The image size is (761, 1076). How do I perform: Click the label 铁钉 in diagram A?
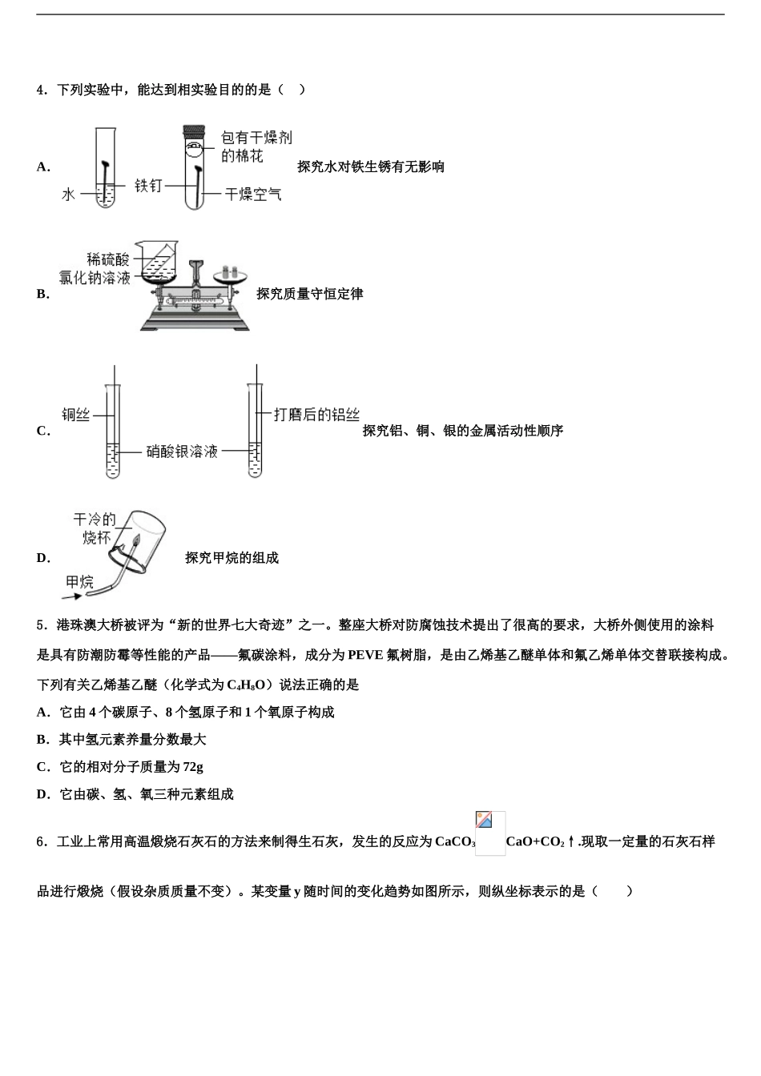pyautogui.click(x=148, y=186)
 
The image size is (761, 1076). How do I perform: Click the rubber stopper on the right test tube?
pyautogui.click(x=192, y=133)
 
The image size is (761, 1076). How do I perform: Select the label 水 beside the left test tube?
pyautogui.click(x=68, y=194)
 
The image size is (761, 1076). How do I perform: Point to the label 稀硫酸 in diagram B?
pyautogui.click(x=108, y=259)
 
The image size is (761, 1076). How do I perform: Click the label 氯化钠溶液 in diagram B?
pyautogui.click(x=95, y=278)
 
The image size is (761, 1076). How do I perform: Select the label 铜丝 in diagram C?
pyautogui.click(x=76, y=415)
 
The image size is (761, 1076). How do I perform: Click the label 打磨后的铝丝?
pyautogui.click(x=316, y=415)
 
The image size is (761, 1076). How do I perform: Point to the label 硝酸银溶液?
pyautogui.click(x=182, y=452)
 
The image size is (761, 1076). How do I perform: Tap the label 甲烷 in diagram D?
pyautogui.click(x=79, y=581)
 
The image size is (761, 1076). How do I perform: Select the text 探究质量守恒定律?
pyautogui.click(x=310, y=294)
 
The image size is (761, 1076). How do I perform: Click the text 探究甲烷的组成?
pyautogui.click(x=232, y=558)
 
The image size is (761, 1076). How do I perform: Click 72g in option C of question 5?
pyautogui.click(x=193, y=767)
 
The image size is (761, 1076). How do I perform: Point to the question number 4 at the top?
pyautogui.click(x=41, y=90)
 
